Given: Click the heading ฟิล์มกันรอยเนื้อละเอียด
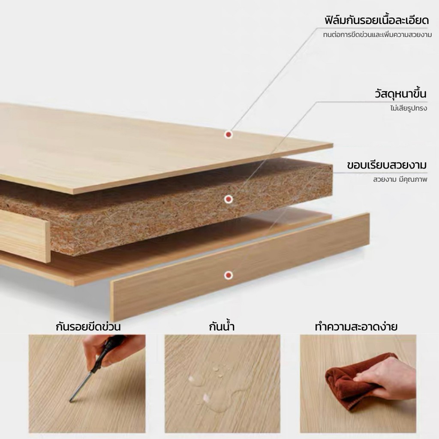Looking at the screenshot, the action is pos(376,21).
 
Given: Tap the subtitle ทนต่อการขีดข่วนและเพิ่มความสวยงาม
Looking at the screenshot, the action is pos(377,35).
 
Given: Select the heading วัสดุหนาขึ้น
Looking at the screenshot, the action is pos(401,93).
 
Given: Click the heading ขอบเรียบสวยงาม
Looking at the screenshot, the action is pos(387,165).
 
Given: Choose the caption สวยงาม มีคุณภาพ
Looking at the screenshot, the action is pos(400,179).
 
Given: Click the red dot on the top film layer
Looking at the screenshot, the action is pos(229,135).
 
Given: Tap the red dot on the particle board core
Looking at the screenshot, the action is pos(229,199).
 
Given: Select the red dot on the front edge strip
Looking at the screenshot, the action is pos(229,275).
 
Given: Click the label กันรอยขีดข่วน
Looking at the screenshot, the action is pos(88,327).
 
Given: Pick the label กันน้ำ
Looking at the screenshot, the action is pos(222,327).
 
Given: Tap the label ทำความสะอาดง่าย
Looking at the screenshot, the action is pos(356,327).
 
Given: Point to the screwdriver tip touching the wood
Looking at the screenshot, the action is pos(71,401).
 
